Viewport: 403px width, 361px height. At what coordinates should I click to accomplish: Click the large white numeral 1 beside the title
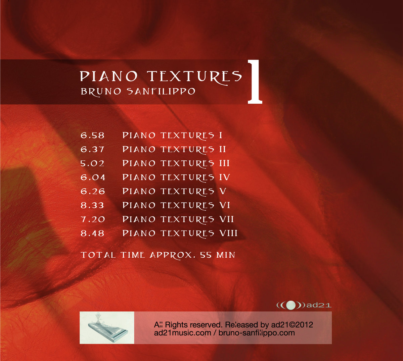pos(255,82)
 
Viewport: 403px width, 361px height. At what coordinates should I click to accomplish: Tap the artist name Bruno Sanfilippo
pos(138,92)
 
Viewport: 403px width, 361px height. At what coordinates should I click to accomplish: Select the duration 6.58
pos(92,136)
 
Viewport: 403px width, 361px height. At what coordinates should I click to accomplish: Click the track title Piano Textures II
pos(174,150)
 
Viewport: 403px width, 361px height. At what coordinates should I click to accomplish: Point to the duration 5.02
pos(92,163)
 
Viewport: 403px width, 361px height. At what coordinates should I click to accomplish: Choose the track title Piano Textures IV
pos(176,177)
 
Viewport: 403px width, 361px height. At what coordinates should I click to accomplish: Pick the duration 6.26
pos(93,191)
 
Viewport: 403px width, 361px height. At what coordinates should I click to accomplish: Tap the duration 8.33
pos(92,205)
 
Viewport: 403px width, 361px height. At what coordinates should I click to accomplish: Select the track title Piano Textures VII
pos(178,219)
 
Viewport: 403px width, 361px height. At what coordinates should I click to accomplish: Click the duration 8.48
pos(92,233)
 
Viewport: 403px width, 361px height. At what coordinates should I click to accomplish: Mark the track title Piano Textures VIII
pos(180,233)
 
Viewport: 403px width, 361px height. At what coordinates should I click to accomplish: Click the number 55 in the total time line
pos(206,255)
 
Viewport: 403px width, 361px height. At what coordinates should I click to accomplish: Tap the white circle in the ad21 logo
pos(290,305)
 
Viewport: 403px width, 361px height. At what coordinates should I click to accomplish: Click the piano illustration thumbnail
pos(107,327)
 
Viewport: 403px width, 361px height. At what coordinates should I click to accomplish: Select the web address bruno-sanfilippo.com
pos(257,333)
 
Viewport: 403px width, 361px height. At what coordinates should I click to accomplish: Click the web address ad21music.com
pos(183,333)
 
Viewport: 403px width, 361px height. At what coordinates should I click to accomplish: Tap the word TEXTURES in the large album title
pos(194,76)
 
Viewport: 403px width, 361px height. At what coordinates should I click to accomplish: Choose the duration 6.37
pos(92,150)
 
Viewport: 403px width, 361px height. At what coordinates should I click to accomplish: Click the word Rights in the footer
pos(176,325)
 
